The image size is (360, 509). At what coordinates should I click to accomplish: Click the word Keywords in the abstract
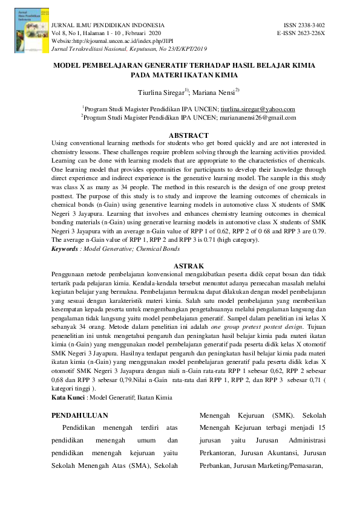(65, 248)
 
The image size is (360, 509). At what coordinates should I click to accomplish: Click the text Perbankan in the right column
(215, 466)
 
